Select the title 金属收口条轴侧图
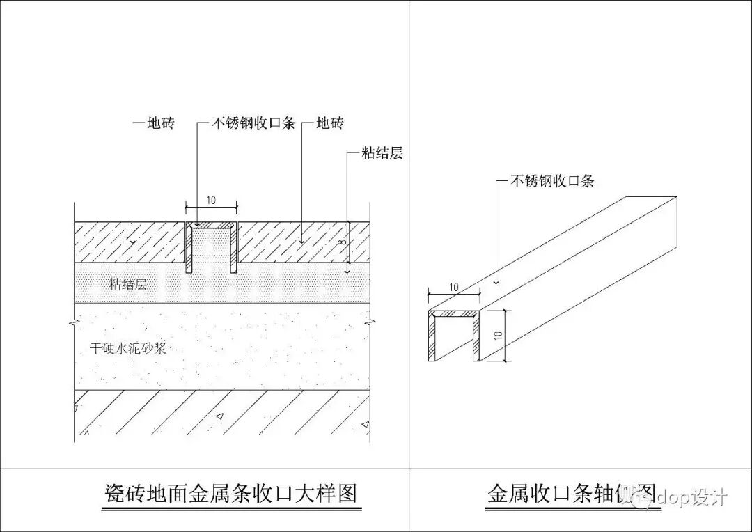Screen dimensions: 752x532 (x=571, y=494)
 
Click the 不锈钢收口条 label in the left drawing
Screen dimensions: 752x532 (x=254, y=124)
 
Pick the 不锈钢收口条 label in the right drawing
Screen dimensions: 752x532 (x=553, y=182)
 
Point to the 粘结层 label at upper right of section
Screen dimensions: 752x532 (x=382, y=153)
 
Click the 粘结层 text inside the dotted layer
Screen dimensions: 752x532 (x=128, y=284)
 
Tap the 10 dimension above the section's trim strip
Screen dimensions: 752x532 (x=211, y=201)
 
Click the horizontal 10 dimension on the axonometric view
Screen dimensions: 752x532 (x=453, y=287)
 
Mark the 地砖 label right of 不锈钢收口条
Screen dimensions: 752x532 (x=329, y=124)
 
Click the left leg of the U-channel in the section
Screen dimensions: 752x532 (x=188, y=248)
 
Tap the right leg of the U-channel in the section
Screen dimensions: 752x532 (x=234, y=248)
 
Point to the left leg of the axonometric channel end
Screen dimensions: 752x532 (x=432, y=337)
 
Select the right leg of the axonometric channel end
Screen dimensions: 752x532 (x=476, y=337)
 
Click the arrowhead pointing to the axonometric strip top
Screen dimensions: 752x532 (x=495, y=282)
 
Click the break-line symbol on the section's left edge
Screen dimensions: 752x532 (x=75, y=322)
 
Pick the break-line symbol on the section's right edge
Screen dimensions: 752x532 (x=369, y=322)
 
